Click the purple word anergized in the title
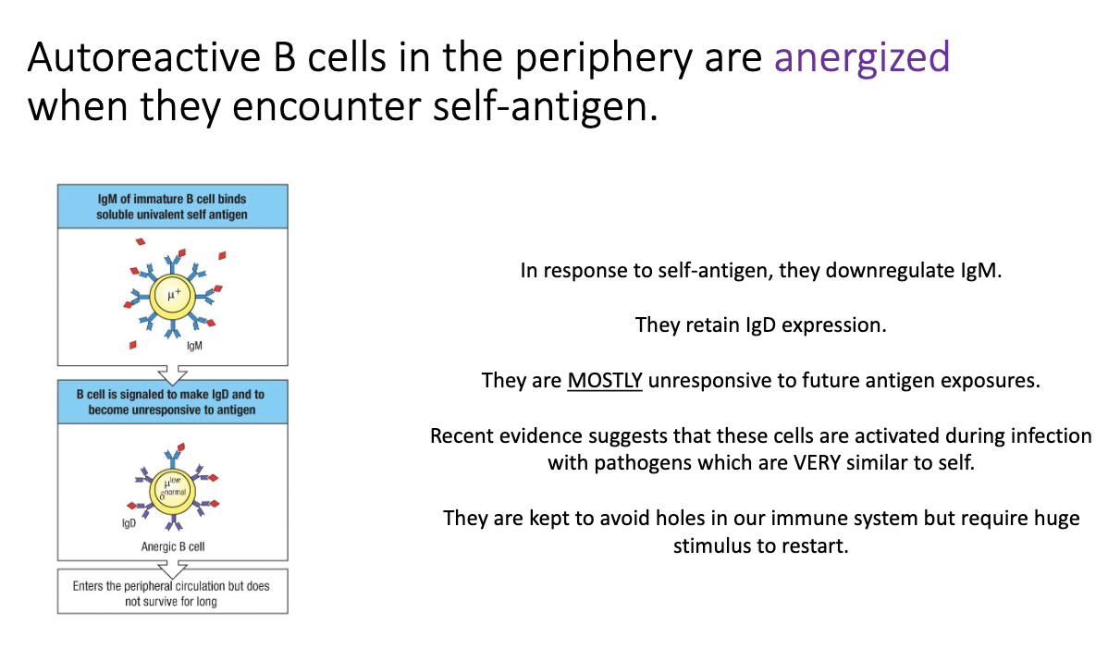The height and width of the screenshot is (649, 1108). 862,57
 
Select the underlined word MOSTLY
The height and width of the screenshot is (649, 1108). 605,380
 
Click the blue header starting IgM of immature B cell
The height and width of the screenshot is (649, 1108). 172,206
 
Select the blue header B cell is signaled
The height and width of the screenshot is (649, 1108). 172,401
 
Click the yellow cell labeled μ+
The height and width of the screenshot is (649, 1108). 171,296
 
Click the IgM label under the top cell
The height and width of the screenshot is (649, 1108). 194,346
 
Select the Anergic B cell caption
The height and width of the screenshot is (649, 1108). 173,546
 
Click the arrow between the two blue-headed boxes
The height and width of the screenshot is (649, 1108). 172,373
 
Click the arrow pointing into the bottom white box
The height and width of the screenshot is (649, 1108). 172,568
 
